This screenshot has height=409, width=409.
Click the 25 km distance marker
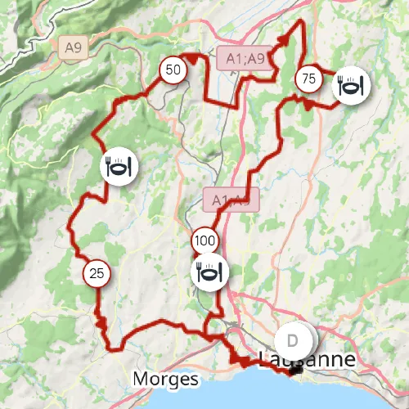(97, 273)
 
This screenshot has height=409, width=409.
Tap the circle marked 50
(173, 70)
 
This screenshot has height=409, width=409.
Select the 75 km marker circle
(308, 79)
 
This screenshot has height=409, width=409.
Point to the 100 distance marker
(204, 241)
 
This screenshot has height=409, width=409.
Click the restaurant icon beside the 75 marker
(351, 87)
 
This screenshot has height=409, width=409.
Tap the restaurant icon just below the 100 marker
(209, 272)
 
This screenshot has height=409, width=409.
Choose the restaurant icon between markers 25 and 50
(119, 168)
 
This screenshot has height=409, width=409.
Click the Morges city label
(165, 380)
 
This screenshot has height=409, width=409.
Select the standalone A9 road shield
(72, 49)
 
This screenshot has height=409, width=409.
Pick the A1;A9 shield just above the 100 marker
(230, 200)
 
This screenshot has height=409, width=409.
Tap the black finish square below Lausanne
(295, 371)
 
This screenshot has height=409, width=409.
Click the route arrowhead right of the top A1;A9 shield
(285, 39)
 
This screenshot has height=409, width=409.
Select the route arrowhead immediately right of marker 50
(193, 57)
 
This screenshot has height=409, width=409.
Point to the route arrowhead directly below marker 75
(304, 104)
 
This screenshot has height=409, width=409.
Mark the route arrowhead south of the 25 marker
(101, 323)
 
